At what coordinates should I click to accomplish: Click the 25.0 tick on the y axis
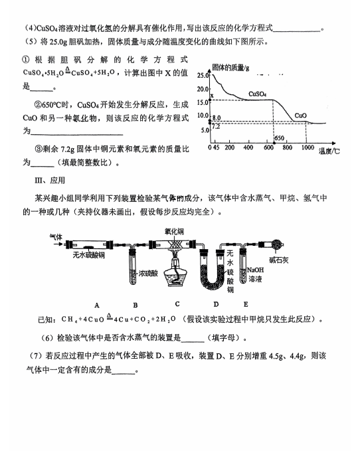203,75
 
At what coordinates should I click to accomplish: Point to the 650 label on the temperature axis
279,138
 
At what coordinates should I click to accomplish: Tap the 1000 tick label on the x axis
308,147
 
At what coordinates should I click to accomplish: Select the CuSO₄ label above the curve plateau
257,94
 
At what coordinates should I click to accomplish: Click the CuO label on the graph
300,116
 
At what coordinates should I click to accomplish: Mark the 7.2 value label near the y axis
216,127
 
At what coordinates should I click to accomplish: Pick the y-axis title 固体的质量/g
230,68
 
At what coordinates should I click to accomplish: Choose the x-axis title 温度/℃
329,151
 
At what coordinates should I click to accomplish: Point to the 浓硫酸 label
148,273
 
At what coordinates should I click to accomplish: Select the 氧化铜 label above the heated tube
174,232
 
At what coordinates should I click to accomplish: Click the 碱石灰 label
278,260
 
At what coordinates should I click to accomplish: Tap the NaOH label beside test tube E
255,270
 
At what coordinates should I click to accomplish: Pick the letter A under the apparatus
97,305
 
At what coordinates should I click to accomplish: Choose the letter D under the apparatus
216,304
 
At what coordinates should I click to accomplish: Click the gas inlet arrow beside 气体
58,244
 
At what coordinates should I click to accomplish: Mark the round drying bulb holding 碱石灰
277,245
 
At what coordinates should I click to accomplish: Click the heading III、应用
50,181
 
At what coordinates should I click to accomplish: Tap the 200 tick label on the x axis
229,147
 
